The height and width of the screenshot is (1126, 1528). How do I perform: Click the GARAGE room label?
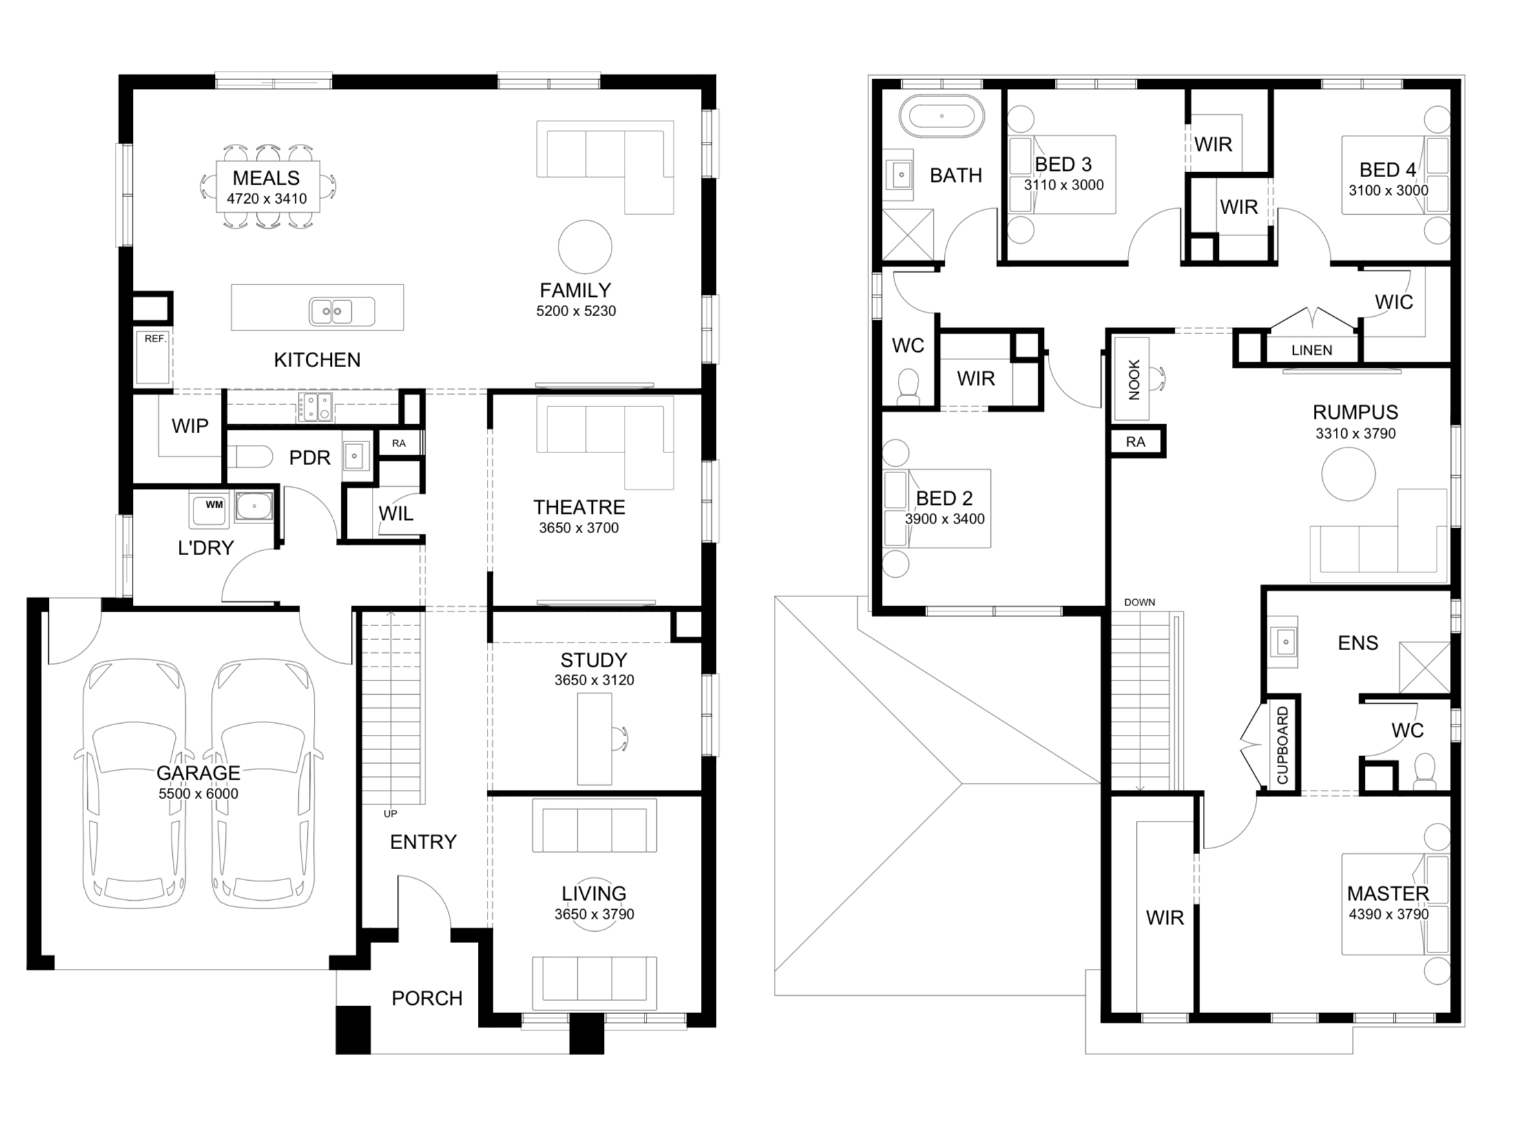(x=198, y=773)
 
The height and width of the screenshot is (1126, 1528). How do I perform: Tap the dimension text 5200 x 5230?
(x=576, y=311)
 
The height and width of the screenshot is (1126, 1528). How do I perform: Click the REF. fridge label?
(x=155, y=339)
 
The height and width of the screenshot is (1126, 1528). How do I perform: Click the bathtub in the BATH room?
(x=942, y=116)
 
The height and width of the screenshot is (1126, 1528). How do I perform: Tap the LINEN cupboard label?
(x=1311, y=351)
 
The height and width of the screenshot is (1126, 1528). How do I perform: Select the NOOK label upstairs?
(x=1134, y=379)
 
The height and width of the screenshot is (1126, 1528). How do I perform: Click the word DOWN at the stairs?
(x=1139, y=603)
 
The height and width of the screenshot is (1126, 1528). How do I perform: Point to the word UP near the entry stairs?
(x=390, y=814)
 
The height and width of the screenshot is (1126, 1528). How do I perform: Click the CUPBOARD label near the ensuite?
(x=1282, y=745)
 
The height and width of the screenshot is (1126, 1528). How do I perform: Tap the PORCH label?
(x=427, y=998)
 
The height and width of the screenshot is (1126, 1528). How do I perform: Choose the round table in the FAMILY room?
(x=585, y=247)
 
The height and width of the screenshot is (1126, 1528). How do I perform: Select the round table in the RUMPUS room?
(x=1348, y=474)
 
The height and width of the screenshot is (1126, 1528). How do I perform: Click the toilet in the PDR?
(x=251, y=457)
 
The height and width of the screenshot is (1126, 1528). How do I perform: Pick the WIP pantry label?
(x=190, y=426)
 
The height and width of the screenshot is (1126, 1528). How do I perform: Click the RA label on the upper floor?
(x=1135, y=442)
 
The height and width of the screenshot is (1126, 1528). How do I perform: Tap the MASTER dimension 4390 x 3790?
(x=1388, y=914)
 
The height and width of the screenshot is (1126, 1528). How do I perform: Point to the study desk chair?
(x=619, y=738)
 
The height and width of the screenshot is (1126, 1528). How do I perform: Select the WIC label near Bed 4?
(x=1394, y=302)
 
